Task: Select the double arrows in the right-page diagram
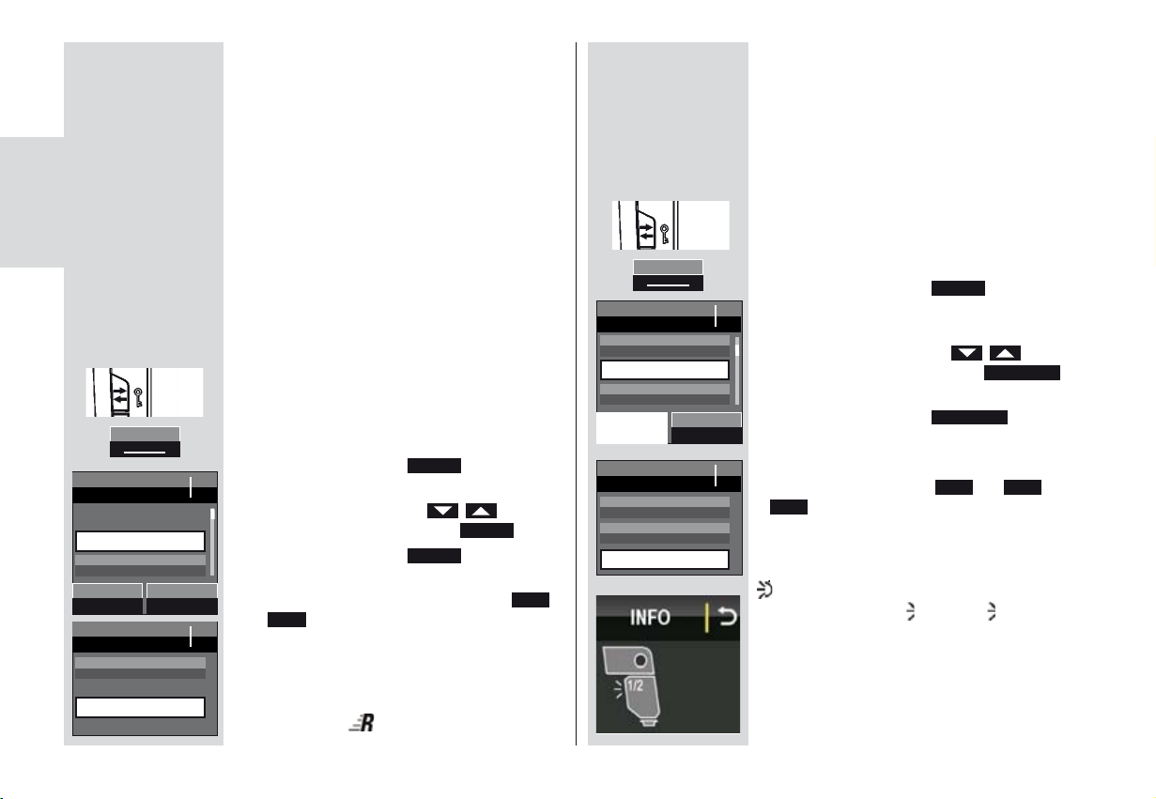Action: (647, 225)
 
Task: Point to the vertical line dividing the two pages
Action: (576, 394)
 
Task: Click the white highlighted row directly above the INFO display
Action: (664, 559)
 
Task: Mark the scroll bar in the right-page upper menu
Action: (736, 367)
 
